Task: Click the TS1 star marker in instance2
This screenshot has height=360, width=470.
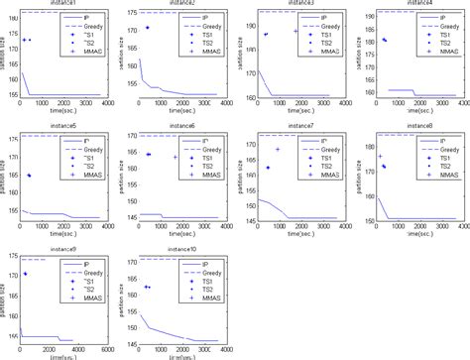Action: coord(148,28)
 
